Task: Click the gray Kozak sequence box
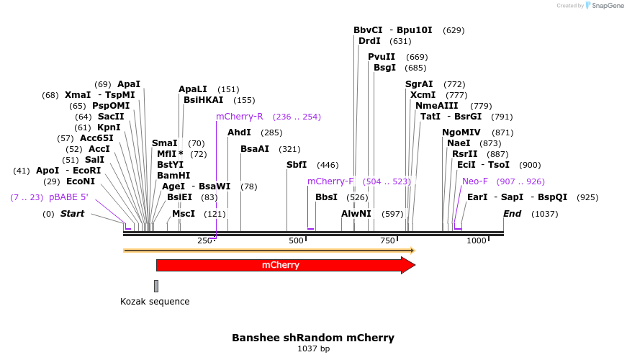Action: coord(156,286)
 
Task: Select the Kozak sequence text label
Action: coord(155,302)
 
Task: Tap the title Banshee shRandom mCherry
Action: coord(313,337)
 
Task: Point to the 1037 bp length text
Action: coord(313,348)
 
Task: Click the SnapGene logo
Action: coord(604,6)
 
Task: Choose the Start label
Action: coord(72,214)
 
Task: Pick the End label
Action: coord(513,214)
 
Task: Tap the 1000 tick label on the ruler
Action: coord(477,240)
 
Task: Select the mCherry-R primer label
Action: coord(240,116)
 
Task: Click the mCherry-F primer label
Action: coord(330,181)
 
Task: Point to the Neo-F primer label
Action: coord(475,181)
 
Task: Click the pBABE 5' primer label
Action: coord(68,197)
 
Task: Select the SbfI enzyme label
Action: coord(297,165)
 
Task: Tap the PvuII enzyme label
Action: coord(382,57)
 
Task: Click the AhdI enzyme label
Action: coord(239,132)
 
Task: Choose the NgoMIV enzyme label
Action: coord(461,132)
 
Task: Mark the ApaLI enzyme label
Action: coord(193,89)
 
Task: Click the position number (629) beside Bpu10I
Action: coord(454,30)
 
